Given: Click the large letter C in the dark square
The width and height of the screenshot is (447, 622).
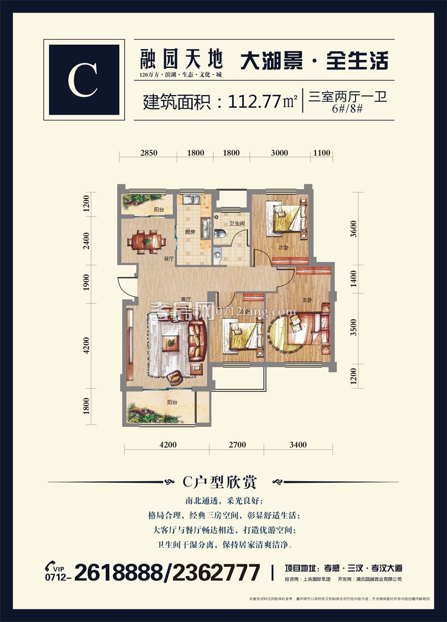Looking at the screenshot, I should click(x=83, y=80).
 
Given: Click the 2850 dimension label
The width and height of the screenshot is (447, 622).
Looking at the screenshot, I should click(x=149, y=153).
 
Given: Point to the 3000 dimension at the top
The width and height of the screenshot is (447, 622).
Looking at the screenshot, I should click(x=279, y=153).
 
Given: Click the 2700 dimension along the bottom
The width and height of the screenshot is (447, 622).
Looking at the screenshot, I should click(x=237, y=445).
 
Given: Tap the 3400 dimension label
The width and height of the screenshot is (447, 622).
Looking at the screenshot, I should click(x=298, y=445).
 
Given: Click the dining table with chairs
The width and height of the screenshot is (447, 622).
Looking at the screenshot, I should click(x=147, y=241).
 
